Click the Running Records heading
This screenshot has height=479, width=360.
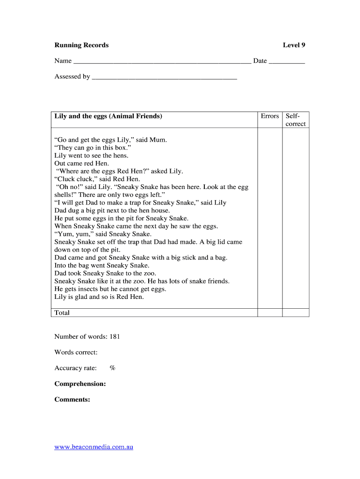81,45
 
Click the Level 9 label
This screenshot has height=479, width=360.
294,45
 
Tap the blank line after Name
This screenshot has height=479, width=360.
162,61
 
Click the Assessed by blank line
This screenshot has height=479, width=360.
164,77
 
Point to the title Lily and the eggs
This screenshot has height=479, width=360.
108,116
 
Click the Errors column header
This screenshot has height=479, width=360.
270,116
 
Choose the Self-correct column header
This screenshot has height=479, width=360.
295,120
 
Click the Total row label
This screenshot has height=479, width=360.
62,312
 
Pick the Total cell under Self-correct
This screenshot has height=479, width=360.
295,312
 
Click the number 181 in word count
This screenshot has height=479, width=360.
115,336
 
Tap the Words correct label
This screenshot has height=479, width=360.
76,352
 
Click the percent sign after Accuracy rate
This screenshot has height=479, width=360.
112,368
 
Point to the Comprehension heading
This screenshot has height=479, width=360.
80,384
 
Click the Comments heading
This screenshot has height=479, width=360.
72,399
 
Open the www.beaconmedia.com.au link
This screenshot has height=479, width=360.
94,447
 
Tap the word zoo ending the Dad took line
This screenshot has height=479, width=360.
150,273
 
